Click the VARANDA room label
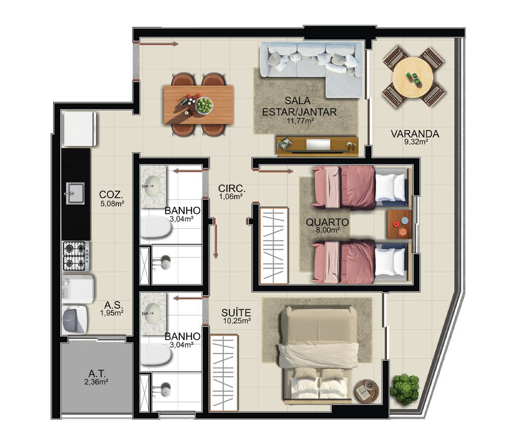click(x=415, y=134)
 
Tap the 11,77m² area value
click(x=300, y=121)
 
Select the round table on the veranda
click(x=413, y=77)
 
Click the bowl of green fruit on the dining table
click(x=204, y=105)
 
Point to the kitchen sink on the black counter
click(x=74, y=193)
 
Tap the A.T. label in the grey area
click(x=97, y=374)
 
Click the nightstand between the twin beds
click(x=400, y=224)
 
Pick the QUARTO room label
click(x=327, y=222)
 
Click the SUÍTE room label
click(x=236, y=312)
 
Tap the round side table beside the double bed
click(x=366, y=391)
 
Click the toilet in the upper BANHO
click(x=155, y=227)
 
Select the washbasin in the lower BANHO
click(x=152, y=312)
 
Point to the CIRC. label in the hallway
click(x=232, y=189)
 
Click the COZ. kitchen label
click(x=111, y=194)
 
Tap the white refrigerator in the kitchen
click(x=79, y=129)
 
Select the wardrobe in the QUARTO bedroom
click(x=274, y=246)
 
